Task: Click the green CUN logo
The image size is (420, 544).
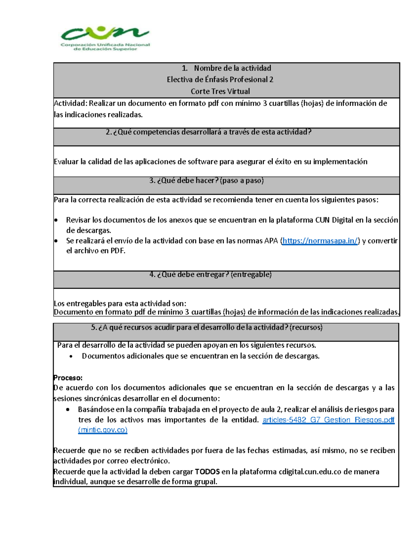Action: tap(105, 38)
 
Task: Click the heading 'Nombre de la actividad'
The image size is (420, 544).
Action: tap(232, 68)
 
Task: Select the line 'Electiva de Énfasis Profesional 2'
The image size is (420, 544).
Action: tap(220, 80)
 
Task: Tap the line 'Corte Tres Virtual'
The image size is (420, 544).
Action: tap(220, 91)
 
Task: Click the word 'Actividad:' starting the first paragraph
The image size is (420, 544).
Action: tap(70, 103)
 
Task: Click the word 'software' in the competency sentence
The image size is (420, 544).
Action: tap(202, 162)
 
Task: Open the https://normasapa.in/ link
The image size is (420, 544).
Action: tap(320, 241)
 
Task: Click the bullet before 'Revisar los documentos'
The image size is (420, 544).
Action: tap(56, 220)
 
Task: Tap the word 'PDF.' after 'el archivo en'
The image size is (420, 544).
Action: tap(118, 251)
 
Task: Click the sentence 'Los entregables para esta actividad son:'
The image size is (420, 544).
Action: tap(120, 304)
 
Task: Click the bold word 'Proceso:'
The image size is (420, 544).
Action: tap(68, 378)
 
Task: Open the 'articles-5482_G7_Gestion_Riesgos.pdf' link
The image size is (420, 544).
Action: tap(328, 420)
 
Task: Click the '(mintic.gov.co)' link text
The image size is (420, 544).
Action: tap(103, 430)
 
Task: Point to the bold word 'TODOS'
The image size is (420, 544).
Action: tap(207, 472)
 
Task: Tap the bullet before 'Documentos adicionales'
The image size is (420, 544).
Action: tap(71, 357)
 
